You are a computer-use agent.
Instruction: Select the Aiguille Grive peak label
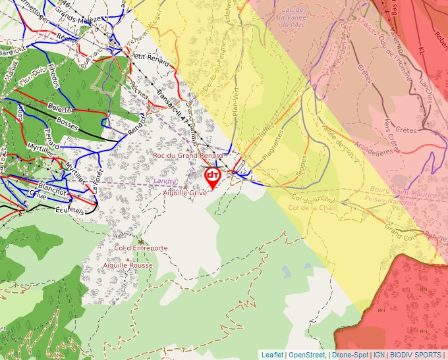(x=186, y=193)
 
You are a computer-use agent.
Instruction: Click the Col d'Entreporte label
(x=141, y=248)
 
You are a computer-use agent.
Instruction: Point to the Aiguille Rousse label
(x=128, y=265)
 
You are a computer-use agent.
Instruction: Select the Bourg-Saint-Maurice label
(x=390, y=195)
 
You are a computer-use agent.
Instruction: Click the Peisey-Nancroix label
(x=390, y=203)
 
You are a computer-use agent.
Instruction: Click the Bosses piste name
(x=67, y=122)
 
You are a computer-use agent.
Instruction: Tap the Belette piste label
(x=59, y=109)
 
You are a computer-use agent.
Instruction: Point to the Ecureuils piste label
(x=70, y=212)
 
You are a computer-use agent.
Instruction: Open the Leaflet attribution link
(x=272, y=355)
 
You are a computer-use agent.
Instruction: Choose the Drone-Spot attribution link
(x=350, y=355)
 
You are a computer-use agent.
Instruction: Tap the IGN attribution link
(x=379, y=355)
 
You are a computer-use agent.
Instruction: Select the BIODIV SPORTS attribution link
(x=416, y=355)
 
